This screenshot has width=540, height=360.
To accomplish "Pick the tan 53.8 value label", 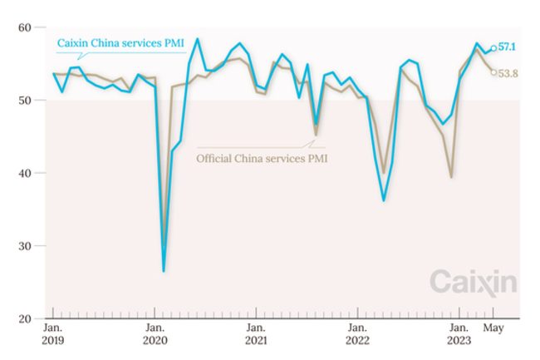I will point(508,73).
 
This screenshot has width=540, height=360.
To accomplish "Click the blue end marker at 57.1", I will point(493,48).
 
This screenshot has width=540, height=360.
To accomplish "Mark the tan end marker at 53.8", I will point(493,72).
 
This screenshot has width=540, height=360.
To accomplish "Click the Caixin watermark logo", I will point(472,282).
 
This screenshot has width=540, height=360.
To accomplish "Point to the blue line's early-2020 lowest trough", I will point(164,271).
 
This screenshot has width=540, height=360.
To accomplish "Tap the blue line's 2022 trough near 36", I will point(384,200).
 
